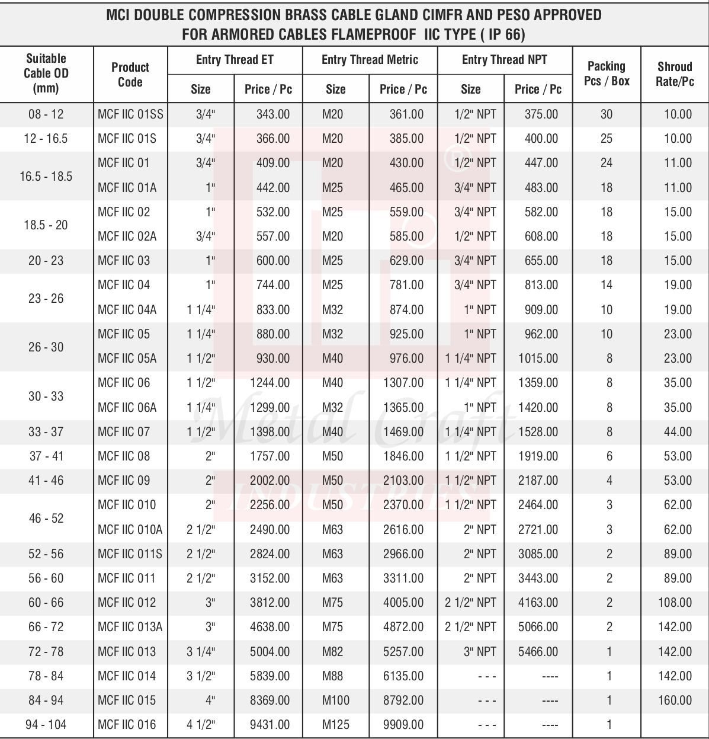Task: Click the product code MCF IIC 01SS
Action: point(130,114)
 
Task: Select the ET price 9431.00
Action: point(270,724)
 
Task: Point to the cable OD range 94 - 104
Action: point(46,724)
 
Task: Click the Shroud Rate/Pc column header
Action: point(674,74)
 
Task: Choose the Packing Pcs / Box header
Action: point(606,73)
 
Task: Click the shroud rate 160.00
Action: point(675,700)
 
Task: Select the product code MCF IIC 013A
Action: point(130,626)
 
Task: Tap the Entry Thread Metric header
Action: point(370,60)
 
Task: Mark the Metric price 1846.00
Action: point(403,456)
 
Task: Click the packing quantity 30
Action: point(606,114)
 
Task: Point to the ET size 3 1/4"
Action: point(201,651)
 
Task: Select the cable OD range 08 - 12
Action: point(46,114)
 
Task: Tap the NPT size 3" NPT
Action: point(480,651)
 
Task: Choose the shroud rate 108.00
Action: point(675,602)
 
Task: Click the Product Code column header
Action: point(130,74)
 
